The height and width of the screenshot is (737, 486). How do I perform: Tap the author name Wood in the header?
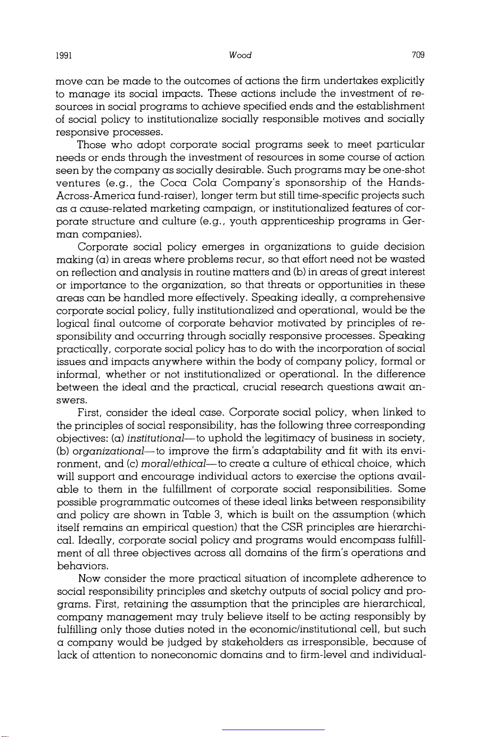(241, 55)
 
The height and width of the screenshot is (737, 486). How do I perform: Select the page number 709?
(418, 55)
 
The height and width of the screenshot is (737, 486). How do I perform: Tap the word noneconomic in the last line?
(182, 655)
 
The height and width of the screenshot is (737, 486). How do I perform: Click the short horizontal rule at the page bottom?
(273, 729)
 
